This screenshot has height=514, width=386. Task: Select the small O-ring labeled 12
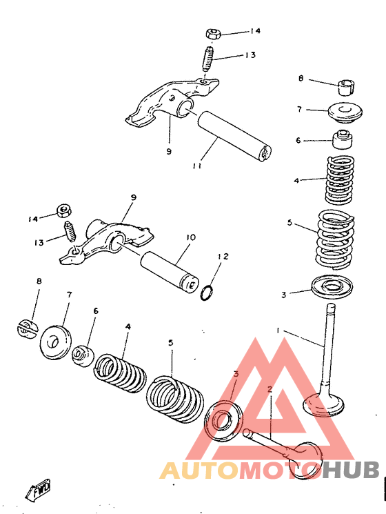coord(207,293)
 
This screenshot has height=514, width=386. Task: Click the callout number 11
coord(196,166)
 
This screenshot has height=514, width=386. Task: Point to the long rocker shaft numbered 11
coord(234,136)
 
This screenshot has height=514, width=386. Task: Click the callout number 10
coord(191,237)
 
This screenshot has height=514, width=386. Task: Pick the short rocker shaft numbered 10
coord(170,270)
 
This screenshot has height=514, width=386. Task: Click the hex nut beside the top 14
coord(214,34)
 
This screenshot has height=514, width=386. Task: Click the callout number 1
coord(278,330)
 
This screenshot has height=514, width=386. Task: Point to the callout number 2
coord(270,389)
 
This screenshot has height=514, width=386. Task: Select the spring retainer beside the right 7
coord(345,112)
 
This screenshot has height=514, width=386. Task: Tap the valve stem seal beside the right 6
coord(343,139)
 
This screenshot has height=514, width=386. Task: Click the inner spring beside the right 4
coord(340,179)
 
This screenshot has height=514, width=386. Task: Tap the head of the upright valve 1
coord(323,403)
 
